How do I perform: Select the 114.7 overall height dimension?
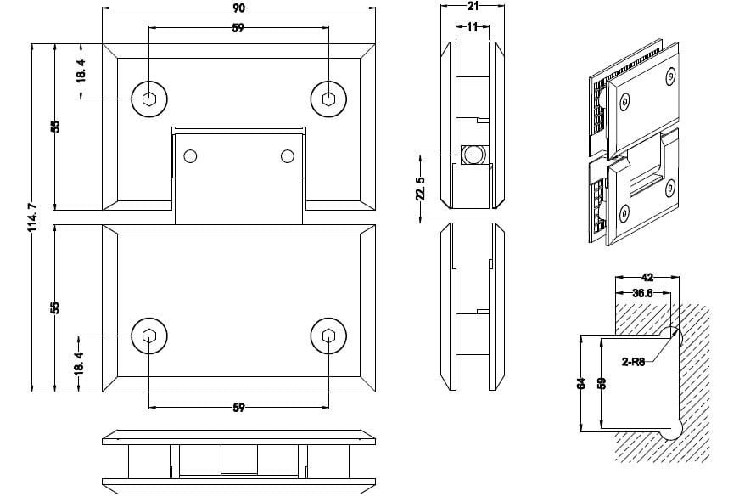(x=33, y=217)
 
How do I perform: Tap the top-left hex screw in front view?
(x=149, y=99)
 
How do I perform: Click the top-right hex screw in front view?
(x=328, y=99)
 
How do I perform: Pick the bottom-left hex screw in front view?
(x=149, y=336)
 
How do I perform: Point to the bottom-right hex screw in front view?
(x=328, y=336)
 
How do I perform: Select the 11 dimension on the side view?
(x=473, y=27)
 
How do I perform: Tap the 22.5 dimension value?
(x=421, y=189)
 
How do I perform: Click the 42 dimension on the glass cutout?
(x=648, y=277)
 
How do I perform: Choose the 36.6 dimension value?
(x=642, y=293)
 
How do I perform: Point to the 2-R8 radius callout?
(x=633, y=362)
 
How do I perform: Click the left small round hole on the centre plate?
(x=190, y=156)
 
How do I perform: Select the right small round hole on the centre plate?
(x=288, y=156)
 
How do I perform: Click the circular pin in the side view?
(x=472, y=154)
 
